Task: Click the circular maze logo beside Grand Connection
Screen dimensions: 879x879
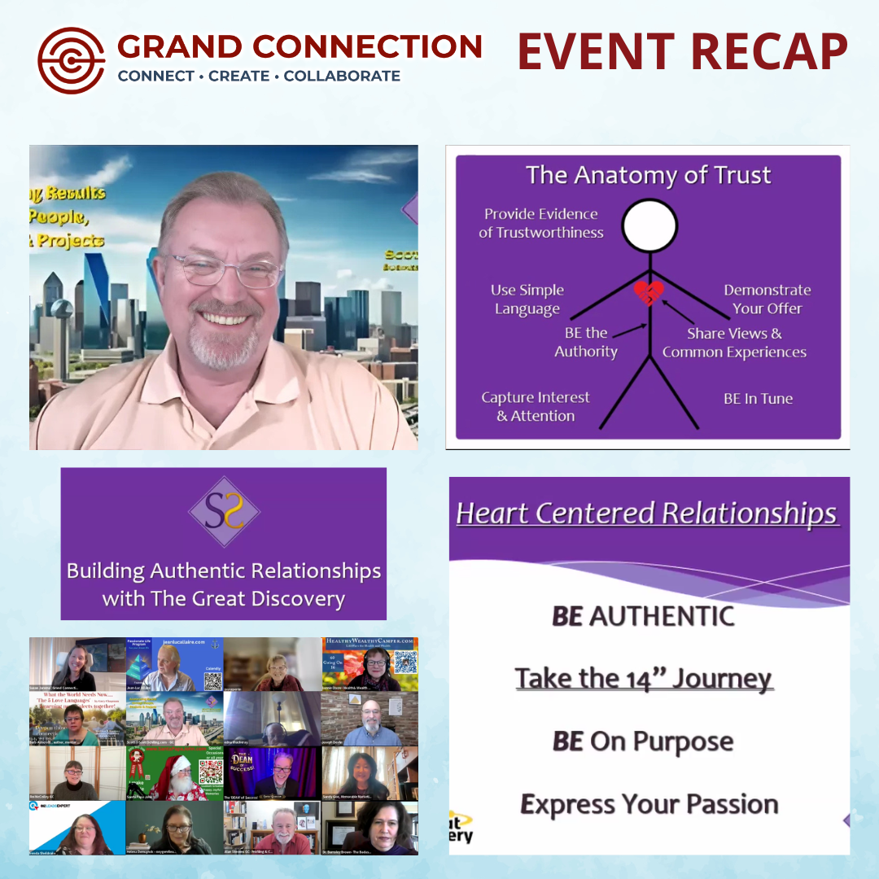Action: click(x=72, y=61)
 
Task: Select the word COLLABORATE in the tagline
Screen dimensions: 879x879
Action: click(x=342, y=77)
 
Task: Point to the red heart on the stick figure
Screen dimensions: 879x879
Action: click(x=649, y=292)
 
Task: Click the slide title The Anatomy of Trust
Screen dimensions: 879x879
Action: click(x=648, y=175)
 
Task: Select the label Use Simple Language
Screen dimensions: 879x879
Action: click(x=527, y=300)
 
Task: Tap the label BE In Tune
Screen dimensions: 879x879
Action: click(x=758, y=399)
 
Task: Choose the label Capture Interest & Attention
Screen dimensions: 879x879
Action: click(x=536, y=406)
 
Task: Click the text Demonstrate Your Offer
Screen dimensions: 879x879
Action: click(x=767, y=299)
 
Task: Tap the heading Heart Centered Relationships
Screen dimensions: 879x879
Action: click(x=646, y=514)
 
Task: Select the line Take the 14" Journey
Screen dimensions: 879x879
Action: click(x=644, y=678)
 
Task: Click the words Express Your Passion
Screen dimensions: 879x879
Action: click(x=649, y=805)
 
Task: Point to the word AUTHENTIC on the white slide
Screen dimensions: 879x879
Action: click(x=661, y=616)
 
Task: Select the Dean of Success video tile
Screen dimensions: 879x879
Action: click(x=272, y=773)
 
